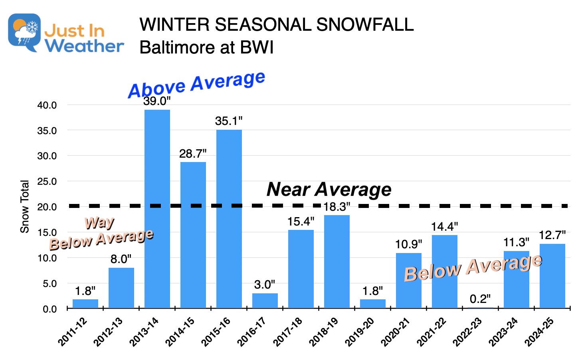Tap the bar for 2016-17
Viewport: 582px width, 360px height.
(x=265, y=301)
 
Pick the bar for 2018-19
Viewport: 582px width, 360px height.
(x=337, y=261)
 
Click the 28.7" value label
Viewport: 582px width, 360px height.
(x=193, y=154)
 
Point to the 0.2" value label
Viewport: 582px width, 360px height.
(x=480, y=299)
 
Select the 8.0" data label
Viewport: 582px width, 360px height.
(x=121, y=259)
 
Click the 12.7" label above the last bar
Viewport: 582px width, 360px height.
(x=552, y=235)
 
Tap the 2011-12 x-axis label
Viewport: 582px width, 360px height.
(x=73, y=332)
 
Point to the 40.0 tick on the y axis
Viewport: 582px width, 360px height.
(x=47, y=105)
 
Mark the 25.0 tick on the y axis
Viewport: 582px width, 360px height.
(x=47, y=182)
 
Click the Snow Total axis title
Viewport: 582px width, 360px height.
(x=25, y=206)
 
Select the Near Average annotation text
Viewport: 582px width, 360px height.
(x=329, y=189)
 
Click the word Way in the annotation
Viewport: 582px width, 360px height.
(x=99, y=222)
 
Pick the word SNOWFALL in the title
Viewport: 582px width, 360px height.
(x=364, y=25)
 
